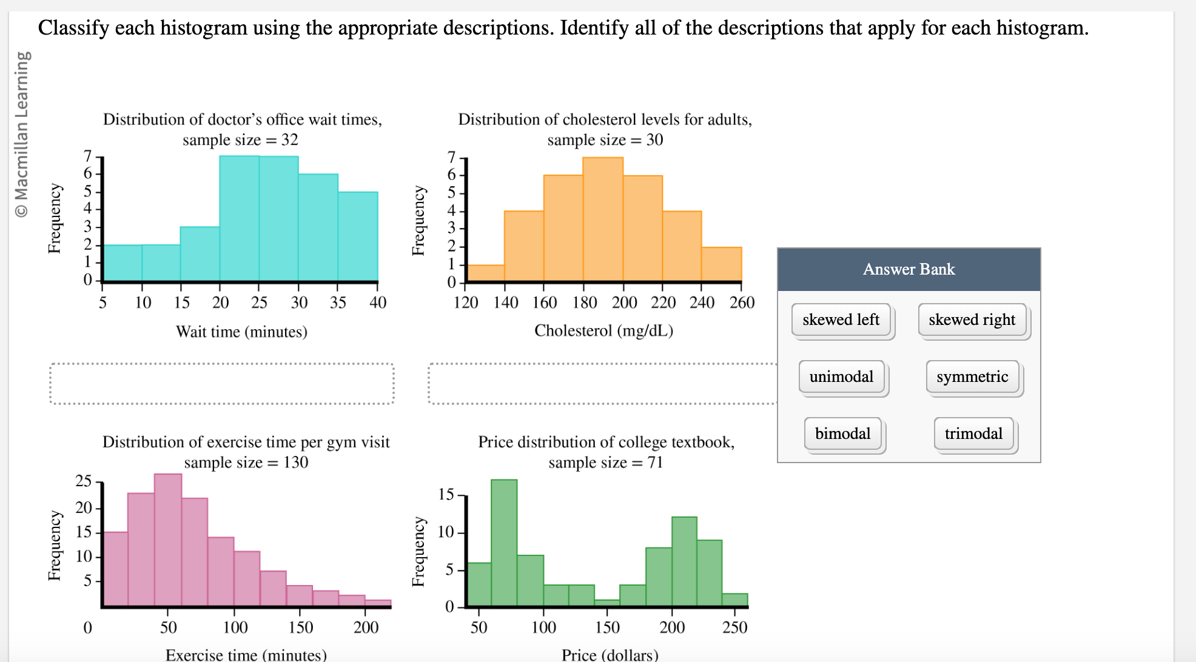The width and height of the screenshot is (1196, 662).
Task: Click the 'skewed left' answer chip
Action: point(841,319)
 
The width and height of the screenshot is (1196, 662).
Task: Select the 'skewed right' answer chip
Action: point(972,319)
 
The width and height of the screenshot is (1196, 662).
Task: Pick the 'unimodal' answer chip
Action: point(841,376)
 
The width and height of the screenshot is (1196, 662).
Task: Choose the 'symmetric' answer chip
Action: point(972,376)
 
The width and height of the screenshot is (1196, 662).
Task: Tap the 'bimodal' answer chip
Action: point(842,433)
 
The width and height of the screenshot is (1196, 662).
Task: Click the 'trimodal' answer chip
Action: point(973,433)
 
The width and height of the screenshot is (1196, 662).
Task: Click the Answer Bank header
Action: point(909,269)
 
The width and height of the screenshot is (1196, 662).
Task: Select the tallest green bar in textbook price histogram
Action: point(504,543)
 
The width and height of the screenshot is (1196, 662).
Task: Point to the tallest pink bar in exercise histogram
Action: point(168,540)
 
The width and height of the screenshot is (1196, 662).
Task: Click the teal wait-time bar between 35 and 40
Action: point(358,236)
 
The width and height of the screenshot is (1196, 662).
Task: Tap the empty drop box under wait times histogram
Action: point(222,384)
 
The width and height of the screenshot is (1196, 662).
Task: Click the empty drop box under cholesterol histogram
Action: point(602,384)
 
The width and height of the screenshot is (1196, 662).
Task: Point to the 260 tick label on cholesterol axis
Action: point(742,303)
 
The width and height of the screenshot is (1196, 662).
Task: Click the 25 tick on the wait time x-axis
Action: point(259,303)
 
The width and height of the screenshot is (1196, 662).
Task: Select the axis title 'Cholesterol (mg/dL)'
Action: point(603,330)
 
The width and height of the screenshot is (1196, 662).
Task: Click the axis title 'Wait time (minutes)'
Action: point(241,332)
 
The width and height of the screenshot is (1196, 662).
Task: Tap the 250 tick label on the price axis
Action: point(734,627)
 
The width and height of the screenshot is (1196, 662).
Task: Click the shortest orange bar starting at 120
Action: point(486,273)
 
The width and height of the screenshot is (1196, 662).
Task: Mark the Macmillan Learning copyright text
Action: point(22,133)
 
